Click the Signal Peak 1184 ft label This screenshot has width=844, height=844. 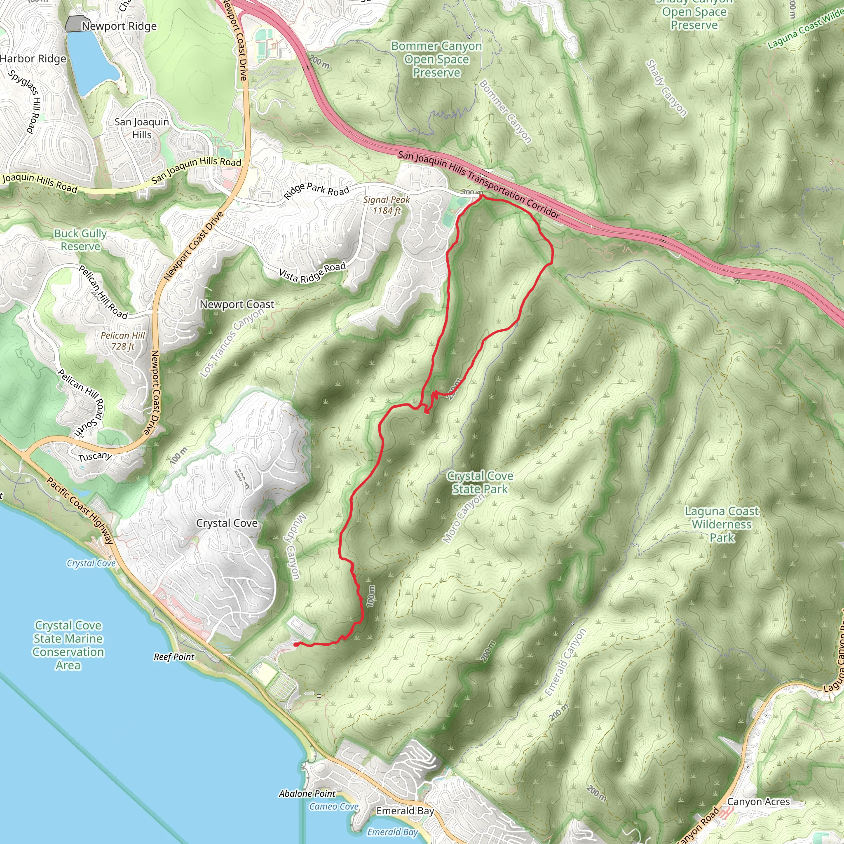tap(386, 205)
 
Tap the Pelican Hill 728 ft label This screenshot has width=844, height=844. tap(123, 341)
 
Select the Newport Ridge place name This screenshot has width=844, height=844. tap(119, 26)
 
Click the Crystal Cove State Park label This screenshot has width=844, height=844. tap(480, 482)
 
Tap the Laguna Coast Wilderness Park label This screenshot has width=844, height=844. tap(722, 524)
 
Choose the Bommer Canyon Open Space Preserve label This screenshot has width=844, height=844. tap(436, 59)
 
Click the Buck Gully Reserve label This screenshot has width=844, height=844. tap(80, 240)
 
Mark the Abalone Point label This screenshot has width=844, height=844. tap(307, 794)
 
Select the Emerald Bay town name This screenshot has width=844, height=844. tap(405, 811)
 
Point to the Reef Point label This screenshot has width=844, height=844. tap(174, 657)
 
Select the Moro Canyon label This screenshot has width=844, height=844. tap(463, 518)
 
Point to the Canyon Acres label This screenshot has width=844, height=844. tap(758, 802)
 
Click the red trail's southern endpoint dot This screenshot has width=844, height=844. tap(296, 645)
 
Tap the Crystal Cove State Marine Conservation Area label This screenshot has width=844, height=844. tap(68, 645)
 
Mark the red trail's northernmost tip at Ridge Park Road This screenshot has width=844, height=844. tap(481, 197)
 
